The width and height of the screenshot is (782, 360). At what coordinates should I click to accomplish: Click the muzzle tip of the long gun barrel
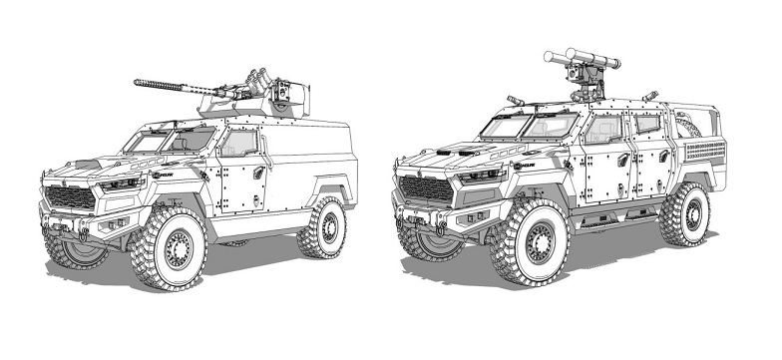pyautogui.click(x=136, y=83)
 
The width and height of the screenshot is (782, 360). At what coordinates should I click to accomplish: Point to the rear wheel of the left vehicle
pyautogui.click(x=321, y=227)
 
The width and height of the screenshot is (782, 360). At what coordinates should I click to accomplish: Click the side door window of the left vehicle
pyautogui.click(x=239, y=143)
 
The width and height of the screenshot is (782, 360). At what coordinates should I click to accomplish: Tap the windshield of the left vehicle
pyautogui.click(x=166, y=140)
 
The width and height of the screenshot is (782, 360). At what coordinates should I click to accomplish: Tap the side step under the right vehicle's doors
pyautogui.click(x=608, y=213)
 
